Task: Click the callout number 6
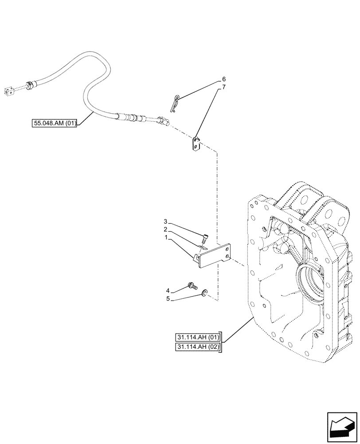pos(224,80)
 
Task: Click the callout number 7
pos(224,87)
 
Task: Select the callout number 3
pos(165,221)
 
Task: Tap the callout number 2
pos(165,230)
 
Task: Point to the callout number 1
pos(165,238)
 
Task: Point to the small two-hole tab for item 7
pos(196,144)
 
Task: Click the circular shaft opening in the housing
pos(314,284)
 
